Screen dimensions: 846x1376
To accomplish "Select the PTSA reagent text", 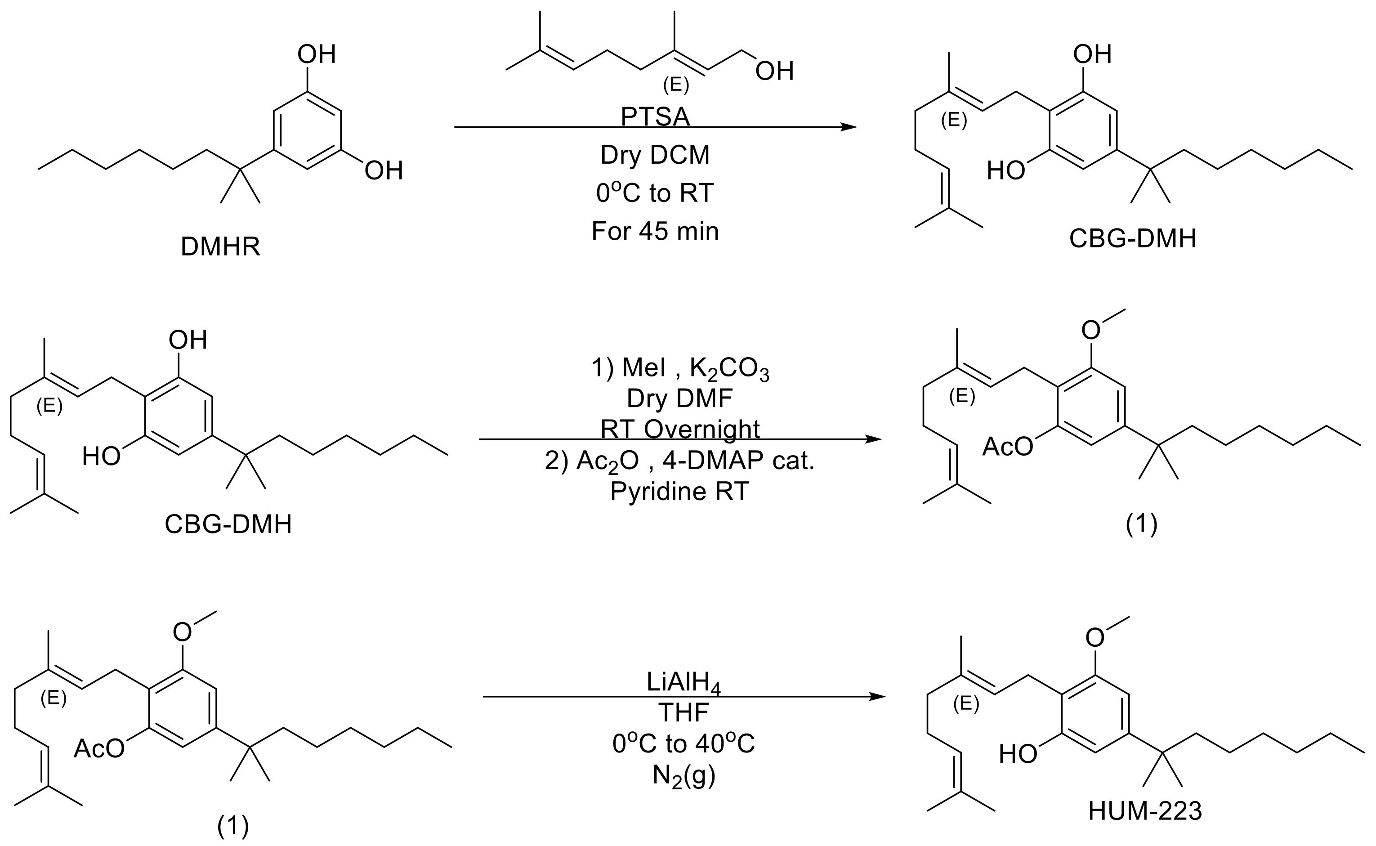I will (655, 117).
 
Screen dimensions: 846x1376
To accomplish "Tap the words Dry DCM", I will (655, 155).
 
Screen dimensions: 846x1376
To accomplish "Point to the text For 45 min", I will (655, 231).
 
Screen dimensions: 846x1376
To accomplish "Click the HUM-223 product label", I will (1145, 811).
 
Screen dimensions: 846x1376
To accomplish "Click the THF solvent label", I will (684, 713).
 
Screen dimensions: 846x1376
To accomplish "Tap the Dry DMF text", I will (679, 398).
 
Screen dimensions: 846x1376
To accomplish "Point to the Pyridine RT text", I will (679, 491).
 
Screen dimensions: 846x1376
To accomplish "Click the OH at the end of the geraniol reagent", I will (774, 72).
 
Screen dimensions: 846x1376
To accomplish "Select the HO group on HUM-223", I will (1018, 754).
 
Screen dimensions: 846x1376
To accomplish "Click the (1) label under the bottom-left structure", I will (232, 826).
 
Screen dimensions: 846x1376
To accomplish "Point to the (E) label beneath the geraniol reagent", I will (676, 85).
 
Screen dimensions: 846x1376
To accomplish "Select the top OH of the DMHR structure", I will (317, 55).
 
